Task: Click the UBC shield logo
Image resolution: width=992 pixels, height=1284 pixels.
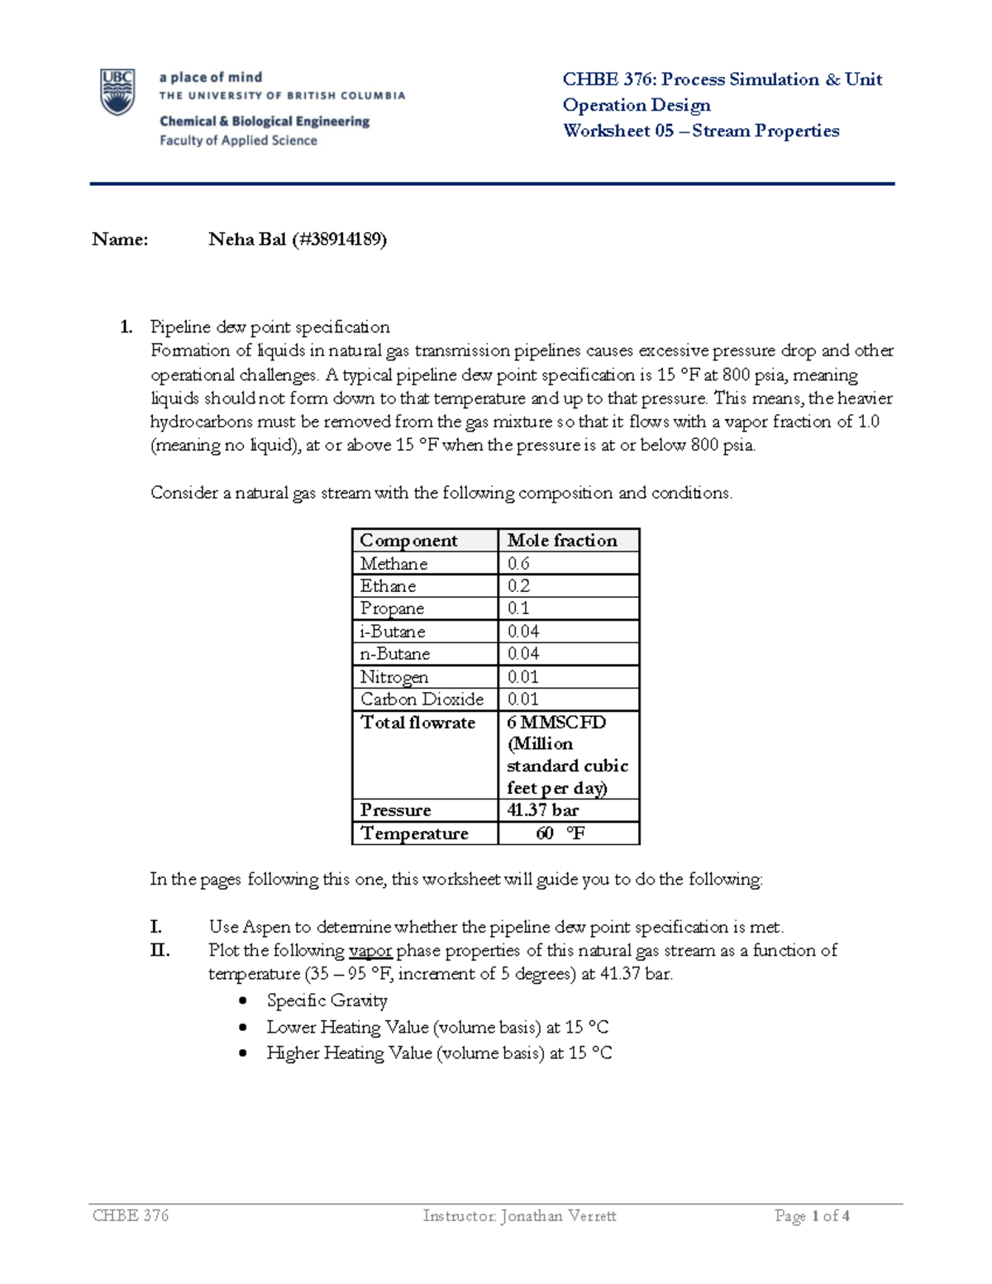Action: (117, 92)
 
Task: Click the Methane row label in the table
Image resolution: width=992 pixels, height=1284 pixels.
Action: (393, 564)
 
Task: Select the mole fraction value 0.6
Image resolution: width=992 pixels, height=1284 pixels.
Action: (518, 564)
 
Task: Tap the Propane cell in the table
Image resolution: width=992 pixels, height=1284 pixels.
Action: (392, 609)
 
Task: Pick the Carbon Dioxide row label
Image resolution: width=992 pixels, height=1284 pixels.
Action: (422, 699)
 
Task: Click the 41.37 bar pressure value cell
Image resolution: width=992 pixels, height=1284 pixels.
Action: (543, 810)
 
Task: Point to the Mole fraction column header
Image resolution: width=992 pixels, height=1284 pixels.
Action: (562, 541)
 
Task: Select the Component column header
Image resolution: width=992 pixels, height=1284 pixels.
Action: (408, 541)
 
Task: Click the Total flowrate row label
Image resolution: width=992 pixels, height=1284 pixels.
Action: (417, 723)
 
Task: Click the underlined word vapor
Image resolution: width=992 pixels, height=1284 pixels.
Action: (370, 951)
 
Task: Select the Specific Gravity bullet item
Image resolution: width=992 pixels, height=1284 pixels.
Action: (327, 1000)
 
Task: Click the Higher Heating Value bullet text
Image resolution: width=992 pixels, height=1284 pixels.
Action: (439, 1053)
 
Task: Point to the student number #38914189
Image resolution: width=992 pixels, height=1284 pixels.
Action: (339, 240)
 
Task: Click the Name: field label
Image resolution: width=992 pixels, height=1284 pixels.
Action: (120, 240)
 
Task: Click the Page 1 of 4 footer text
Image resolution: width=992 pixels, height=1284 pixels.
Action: (812, 1215)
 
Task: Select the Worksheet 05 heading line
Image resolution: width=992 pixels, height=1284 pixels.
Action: (700, 131)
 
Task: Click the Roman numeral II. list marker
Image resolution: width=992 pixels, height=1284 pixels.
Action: (160, 951)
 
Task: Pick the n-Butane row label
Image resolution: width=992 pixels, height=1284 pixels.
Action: (394, 654)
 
